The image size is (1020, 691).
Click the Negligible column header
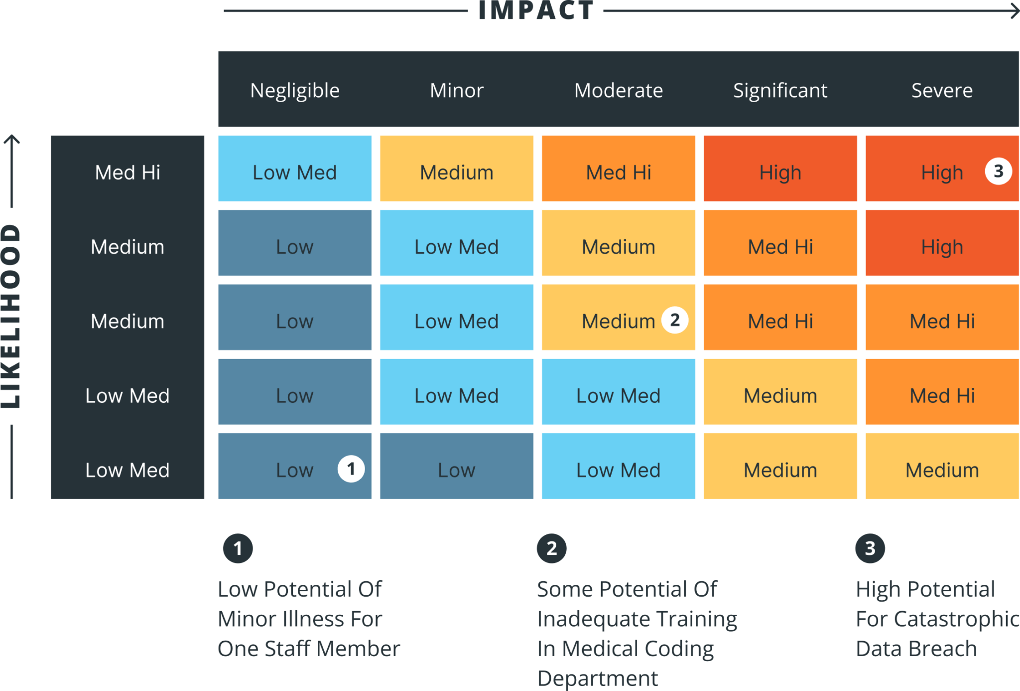(295, 91)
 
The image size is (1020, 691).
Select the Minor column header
(457, 91)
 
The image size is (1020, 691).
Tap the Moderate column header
(619, 91)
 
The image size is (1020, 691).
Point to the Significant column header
(780, 91)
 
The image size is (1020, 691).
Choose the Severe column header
(942, 91)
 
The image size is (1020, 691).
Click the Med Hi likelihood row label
(127, 173)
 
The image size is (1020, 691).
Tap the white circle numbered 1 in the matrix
(351, 469)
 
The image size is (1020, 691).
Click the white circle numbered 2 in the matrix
(675, 320)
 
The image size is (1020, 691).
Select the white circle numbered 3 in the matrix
(998, 172)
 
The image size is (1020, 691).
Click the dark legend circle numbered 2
(551, 548)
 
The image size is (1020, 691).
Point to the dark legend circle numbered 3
(870, 548)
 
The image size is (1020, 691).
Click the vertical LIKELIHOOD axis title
(11, 317)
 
